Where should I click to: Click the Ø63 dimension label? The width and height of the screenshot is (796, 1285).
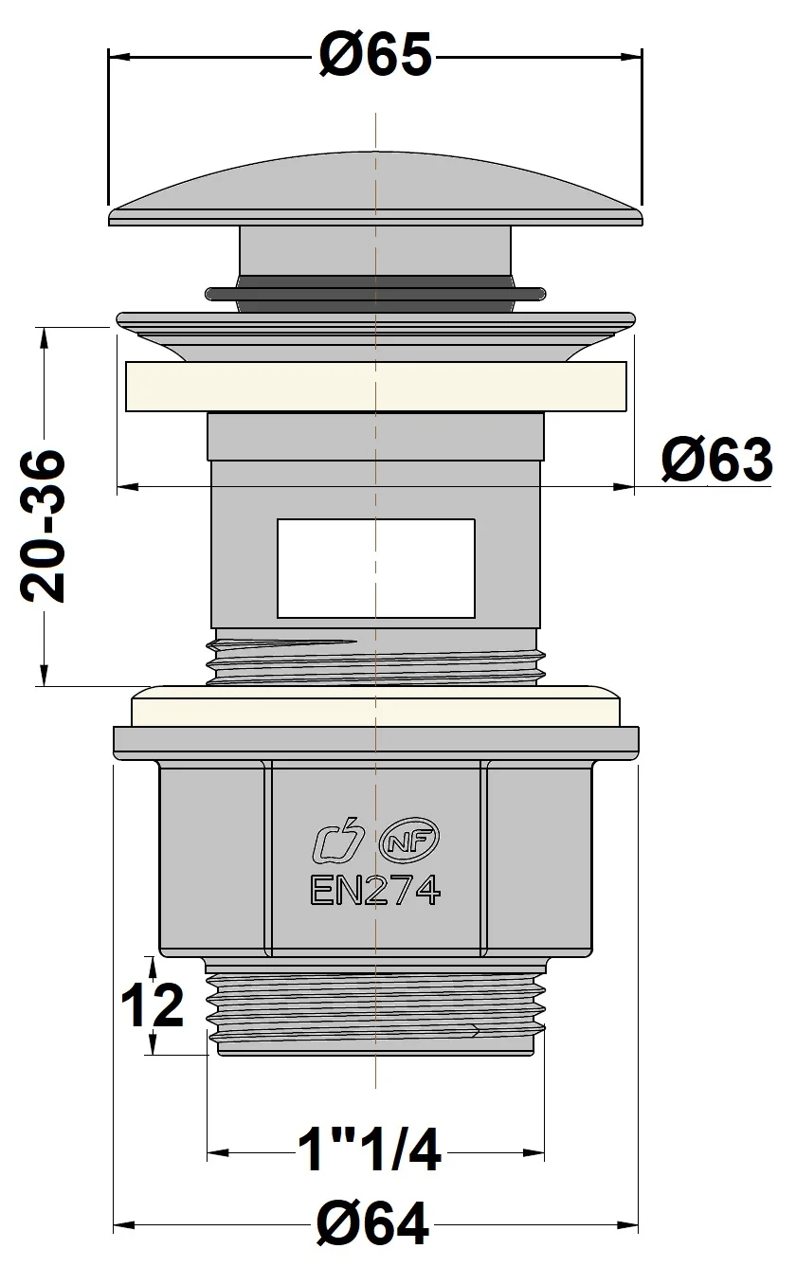[x=715, y=462]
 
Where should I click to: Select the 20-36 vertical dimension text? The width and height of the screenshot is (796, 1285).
[x=45, y=526]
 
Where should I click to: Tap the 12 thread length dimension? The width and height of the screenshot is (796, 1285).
[x=152, y=1006]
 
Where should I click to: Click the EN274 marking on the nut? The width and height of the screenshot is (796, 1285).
[x=374, y=890]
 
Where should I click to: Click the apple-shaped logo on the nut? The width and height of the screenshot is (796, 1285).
[x=338, y=839]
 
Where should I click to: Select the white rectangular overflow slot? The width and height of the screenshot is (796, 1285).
[x=375, y=568]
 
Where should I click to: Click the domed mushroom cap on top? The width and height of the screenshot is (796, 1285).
[x=375, y=190]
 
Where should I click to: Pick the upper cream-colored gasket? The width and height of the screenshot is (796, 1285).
[x=375, y=386]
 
